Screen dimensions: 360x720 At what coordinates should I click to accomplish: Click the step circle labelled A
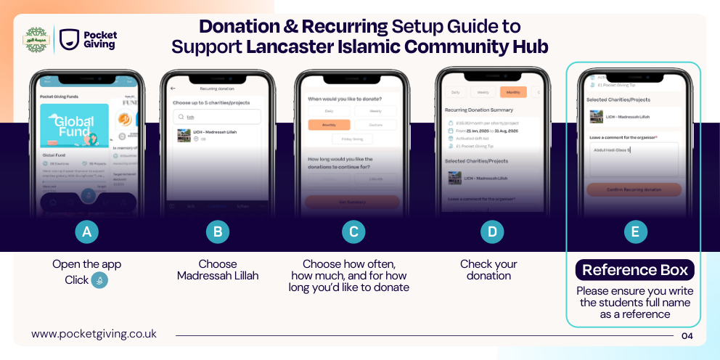pos(87,232)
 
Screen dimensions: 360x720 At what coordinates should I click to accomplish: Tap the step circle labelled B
pos(217,232)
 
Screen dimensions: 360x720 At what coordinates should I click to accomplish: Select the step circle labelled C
pos(353,232)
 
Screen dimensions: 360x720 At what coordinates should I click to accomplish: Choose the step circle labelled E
pos(635,232)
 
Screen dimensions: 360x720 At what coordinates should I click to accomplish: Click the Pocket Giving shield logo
pos(70,39)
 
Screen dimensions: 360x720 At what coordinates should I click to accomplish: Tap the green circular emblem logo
pos(36,39)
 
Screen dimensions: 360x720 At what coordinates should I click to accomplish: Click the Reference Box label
pos(634,270)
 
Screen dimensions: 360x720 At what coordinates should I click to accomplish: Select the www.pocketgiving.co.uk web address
pos(94,334)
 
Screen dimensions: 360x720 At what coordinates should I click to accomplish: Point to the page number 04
pos(687,335)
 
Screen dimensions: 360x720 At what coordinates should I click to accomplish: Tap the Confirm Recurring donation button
pos(634,189)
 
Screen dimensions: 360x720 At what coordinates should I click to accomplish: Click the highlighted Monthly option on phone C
pos(329,125)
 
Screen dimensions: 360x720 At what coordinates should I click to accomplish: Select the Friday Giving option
pos(353,139)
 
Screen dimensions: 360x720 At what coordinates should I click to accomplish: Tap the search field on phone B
pos(217,116)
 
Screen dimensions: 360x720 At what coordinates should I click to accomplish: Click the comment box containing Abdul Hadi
pos(633,159)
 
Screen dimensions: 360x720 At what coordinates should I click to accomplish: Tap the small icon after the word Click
pos(99,280)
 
